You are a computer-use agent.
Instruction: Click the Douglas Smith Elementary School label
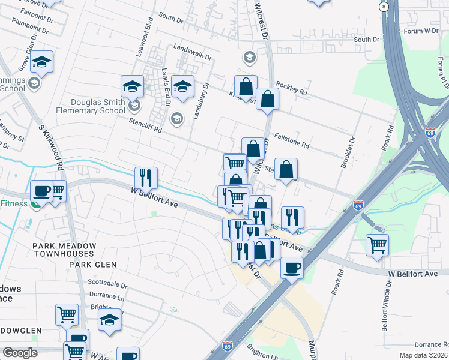(x=90, y=106)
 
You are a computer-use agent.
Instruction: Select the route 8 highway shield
(x=383, y=6)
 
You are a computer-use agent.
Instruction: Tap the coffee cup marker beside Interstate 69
(x=292, y=268)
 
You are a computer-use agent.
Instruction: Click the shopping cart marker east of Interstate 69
(x=377, y=244)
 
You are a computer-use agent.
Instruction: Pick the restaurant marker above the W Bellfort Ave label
(x=146, y=177)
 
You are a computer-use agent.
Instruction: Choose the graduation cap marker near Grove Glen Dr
(x=42, y=62)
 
